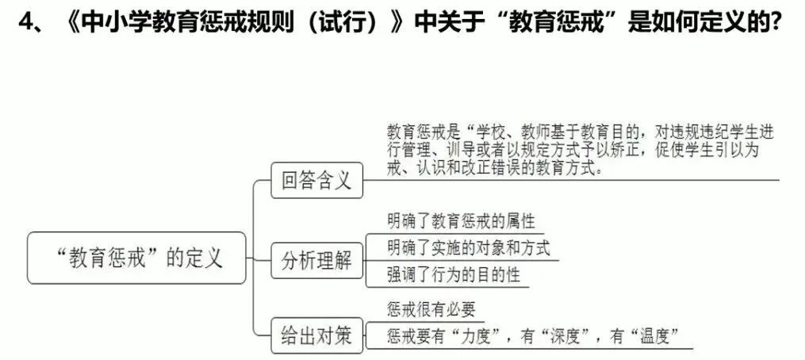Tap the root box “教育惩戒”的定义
pyautogui.click(x=136, y=258)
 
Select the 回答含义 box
pyautogui.click(x=316, y=181)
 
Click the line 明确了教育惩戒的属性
pyautogui.click(x=455, y=220)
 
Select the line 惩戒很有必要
pyautogui.click(x=431, y=309)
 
